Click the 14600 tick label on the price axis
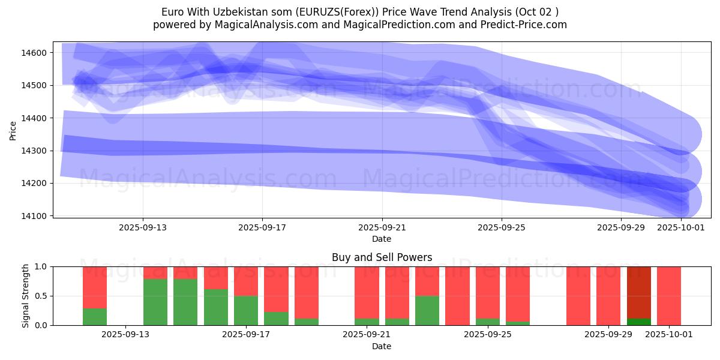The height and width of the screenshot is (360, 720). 34,53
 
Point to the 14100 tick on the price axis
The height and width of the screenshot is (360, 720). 34,215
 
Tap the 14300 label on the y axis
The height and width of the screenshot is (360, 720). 34,151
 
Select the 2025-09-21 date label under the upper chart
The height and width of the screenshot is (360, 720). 382,227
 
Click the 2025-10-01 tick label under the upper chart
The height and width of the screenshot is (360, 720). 681,227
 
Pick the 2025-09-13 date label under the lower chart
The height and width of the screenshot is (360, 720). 125,334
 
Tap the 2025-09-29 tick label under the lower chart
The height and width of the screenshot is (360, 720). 608,334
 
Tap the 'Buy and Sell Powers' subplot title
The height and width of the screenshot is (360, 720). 382,257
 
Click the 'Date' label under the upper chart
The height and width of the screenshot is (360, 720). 382,239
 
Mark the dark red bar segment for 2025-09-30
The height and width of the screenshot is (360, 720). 639,292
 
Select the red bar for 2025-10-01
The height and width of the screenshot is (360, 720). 669,296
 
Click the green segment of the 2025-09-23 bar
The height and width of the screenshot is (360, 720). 427,310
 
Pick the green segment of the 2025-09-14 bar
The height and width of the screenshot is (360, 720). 185,302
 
